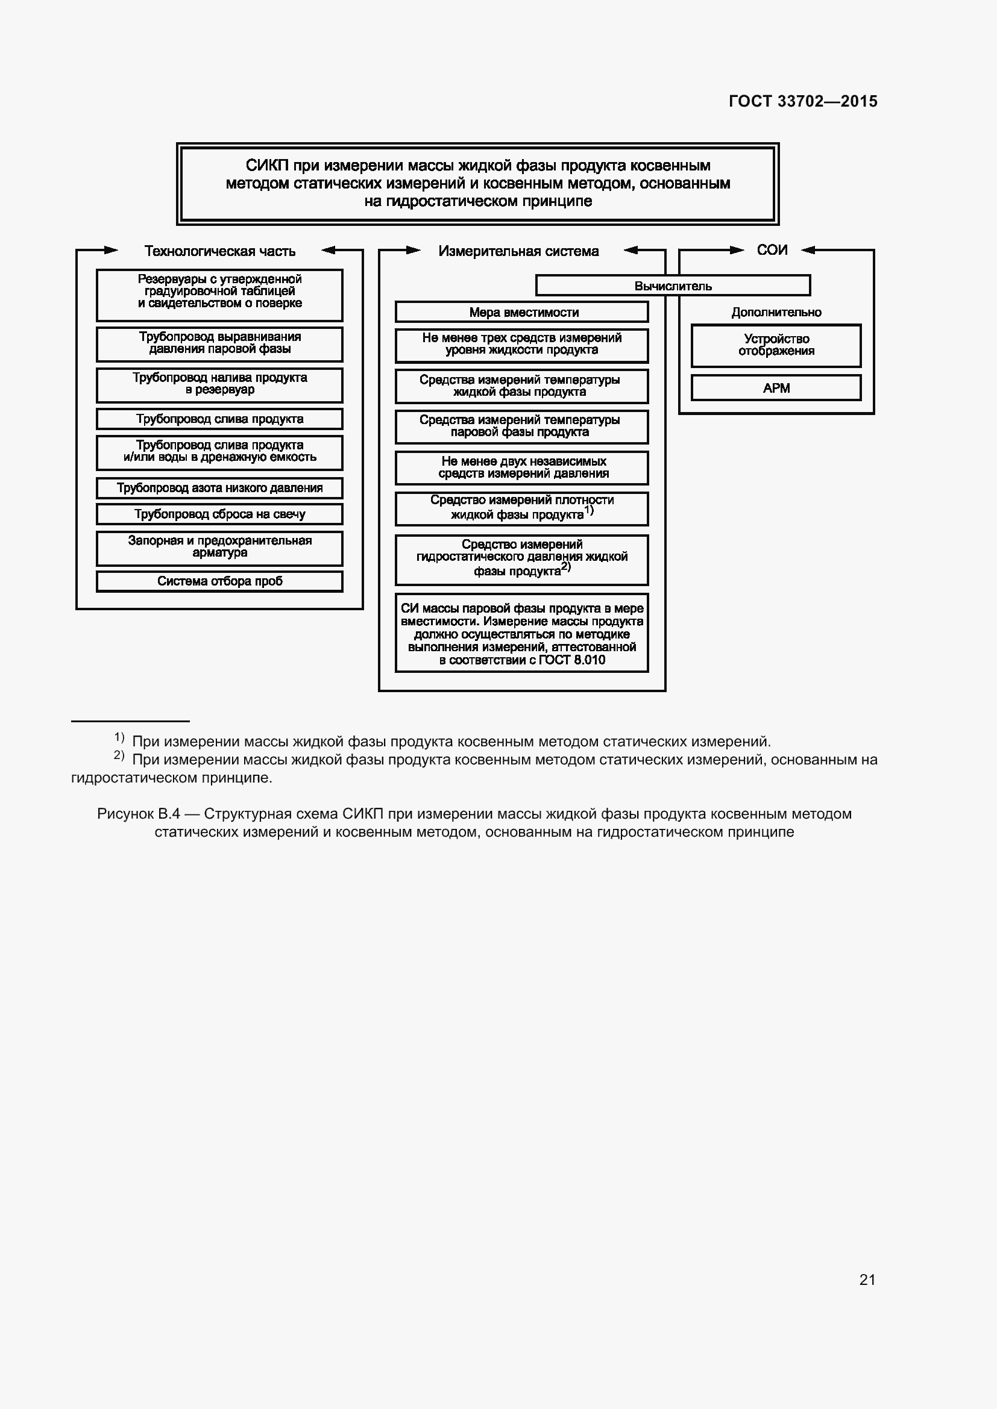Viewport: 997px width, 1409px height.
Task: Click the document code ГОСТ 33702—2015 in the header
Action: [803, 101]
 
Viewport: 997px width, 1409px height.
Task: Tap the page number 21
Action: [867, 1279]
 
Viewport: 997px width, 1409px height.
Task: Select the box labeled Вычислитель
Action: [673, 286]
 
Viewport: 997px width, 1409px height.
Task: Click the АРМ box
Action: [776, 388]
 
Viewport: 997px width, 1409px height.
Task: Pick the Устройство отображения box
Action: [776, 345]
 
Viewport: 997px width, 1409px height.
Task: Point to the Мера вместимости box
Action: [522, 313]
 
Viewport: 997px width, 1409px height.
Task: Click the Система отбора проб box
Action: [220, 581]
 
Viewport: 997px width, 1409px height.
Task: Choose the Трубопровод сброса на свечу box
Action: [220, 514]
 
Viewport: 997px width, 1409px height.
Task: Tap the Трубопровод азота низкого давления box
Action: [220, 488]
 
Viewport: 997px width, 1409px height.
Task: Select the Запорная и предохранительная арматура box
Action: [220, 547]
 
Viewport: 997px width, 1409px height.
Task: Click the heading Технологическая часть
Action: [220, 251]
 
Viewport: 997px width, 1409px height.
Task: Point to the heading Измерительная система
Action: [519, 251]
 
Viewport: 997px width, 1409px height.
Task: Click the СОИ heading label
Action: [772, 250]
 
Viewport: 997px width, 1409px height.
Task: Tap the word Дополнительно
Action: [776, 313]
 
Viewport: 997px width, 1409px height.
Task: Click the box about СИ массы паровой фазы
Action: [522, 633]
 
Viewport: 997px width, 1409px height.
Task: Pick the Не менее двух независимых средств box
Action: [522, 467]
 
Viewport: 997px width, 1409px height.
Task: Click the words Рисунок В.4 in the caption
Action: [138, 814]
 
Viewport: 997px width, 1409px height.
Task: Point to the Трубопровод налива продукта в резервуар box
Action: [220, 384]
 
